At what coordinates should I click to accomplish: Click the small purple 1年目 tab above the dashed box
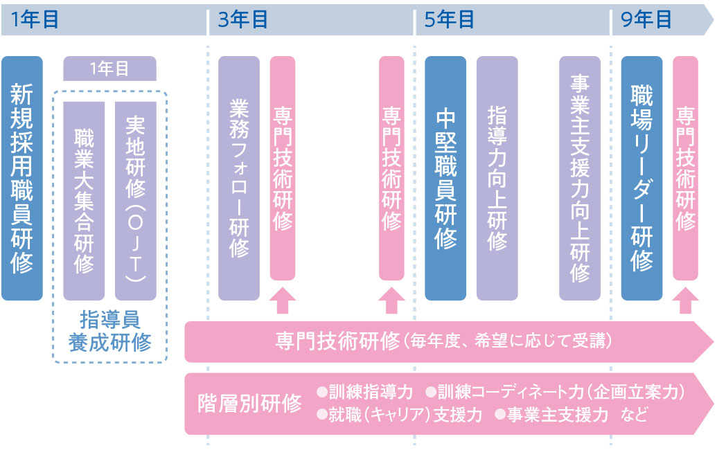(x=109, y=69)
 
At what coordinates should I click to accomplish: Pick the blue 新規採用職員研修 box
(x=22, y=178)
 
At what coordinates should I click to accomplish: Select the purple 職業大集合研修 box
(x=84, y=200)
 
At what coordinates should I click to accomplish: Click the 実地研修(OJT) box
(x=135, y=200)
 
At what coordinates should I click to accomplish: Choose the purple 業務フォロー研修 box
(x=239, y=178)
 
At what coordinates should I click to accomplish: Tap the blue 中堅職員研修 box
(x=445, y=178)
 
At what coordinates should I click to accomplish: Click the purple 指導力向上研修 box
(x=497, y=178)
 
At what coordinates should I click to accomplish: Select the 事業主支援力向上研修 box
(x=580, y=178)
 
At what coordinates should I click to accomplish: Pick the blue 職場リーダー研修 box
(x=641, y=178)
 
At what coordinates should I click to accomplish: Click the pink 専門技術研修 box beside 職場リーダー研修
(x=685, y=168)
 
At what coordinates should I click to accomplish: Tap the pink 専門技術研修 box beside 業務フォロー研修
(x=283, y=168)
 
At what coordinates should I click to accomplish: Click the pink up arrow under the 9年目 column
(x=685, y=300)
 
